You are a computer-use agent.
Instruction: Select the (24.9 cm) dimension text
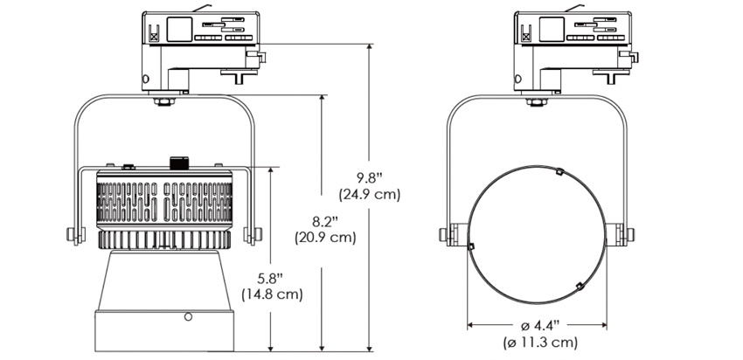(369, 195)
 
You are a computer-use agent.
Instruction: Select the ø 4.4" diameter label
(537, 324)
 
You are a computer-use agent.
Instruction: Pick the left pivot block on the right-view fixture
(447, 236)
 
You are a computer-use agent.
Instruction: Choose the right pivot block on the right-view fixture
(626, 236)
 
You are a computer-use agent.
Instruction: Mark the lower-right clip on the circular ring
(580, 286)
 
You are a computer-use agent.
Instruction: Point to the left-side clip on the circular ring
(470, 246)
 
